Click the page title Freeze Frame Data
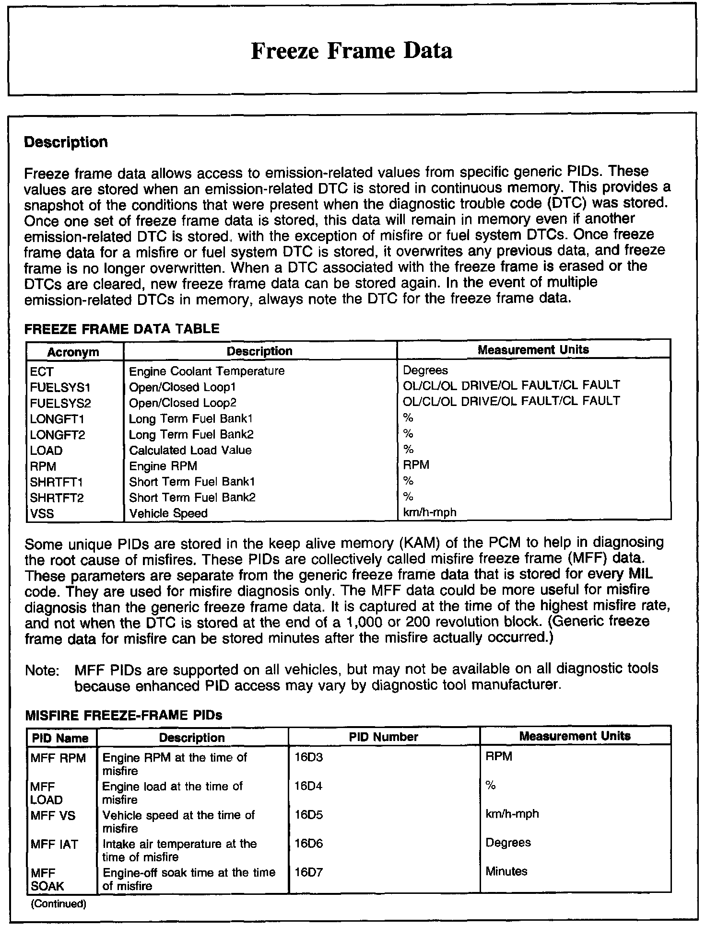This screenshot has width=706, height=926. coord(352,51)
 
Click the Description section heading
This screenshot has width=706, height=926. coord(66,142)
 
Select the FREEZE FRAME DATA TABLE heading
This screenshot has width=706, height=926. coord(122,329)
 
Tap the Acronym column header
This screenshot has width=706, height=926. coord(73,352)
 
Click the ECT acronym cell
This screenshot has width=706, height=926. coord(42,371)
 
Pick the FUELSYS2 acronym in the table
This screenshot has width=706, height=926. coord(60,403)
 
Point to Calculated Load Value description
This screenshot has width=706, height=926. coord(190,450)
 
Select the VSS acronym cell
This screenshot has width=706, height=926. coord(42,513)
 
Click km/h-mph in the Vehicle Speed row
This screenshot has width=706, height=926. coord(430,512)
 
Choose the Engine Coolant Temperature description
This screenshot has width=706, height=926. coord(207,371)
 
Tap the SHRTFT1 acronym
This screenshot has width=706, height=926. coord(57,482)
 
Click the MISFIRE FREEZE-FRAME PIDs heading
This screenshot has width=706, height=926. coord(123,716)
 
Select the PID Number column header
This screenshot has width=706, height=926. coord(384,737)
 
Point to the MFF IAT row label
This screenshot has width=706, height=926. coord(54,845)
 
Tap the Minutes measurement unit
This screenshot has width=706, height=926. coord(506,871)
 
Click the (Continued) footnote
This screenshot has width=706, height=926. coord(59,904)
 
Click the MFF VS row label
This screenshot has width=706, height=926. coord(53,816)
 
